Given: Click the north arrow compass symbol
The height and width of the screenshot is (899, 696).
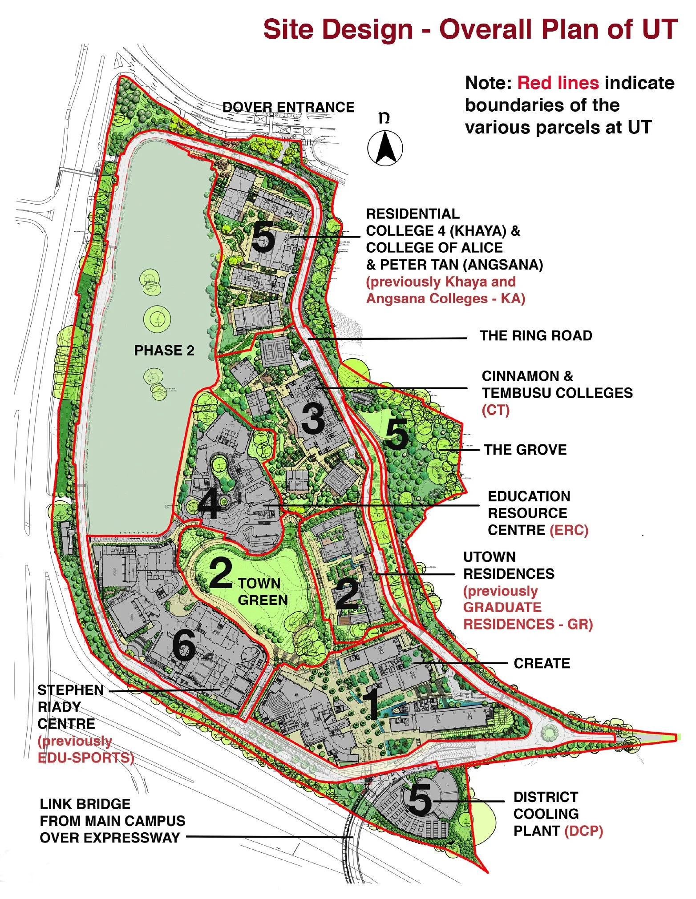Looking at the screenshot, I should pos(385,148).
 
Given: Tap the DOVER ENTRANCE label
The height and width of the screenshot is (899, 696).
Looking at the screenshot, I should pos(288,107).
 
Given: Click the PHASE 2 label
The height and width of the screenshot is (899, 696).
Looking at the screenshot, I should pos(164,351).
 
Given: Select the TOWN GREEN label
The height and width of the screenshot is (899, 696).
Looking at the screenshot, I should pos(263,592).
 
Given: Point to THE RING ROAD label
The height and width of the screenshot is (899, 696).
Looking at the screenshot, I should pos(536,335).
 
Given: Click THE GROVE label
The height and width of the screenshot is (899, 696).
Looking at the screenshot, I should pos(525,450).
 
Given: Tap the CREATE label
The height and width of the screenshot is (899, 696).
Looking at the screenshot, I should pos(542,663).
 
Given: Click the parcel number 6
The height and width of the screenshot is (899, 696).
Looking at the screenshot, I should pos(184,646).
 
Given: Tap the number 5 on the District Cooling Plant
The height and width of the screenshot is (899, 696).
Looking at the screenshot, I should pos(420,799).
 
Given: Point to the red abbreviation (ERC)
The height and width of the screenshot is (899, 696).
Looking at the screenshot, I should pos(569,530).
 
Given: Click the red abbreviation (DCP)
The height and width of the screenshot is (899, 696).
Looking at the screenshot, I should pos(583,831).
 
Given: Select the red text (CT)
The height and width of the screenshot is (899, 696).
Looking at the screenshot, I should pos(495,410).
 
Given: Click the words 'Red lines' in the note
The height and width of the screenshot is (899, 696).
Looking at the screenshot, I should pos(558,83).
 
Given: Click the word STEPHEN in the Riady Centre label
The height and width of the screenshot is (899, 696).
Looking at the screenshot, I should pos(71,690).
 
